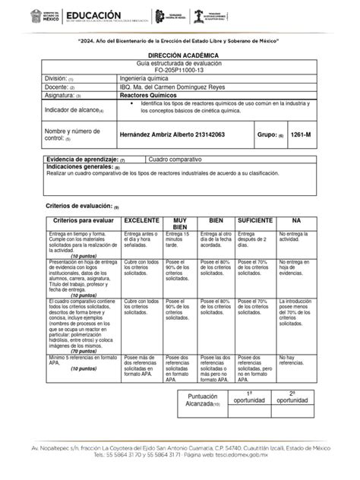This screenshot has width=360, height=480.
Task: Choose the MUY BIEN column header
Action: click(180, 223)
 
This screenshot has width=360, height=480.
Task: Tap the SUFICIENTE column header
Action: click(256, 219)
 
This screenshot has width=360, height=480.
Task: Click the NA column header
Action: click(296, 219)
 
